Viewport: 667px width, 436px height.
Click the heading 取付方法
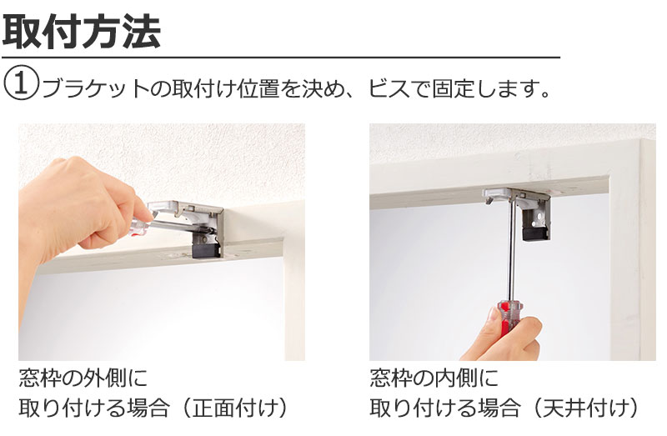coord(82,31)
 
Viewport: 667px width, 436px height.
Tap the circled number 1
coord(22,84)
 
